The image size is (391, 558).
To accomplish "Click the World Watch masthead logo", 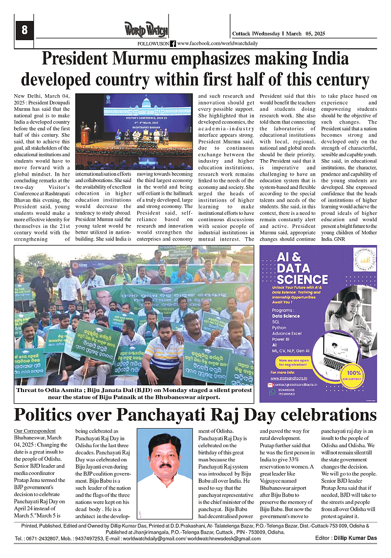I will [x=145, y=30].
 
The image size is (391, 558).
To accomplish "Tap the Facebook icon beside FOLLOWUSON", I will [x=173, y=44].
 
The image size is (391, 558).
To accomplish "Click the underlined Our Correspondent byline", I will [x=35, y=431].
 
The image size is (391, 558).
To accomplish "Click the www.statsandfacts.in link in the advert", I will [x=289, y=378].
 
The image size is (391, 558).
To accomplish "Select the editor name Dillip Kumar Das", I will [x=360, y=538].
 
